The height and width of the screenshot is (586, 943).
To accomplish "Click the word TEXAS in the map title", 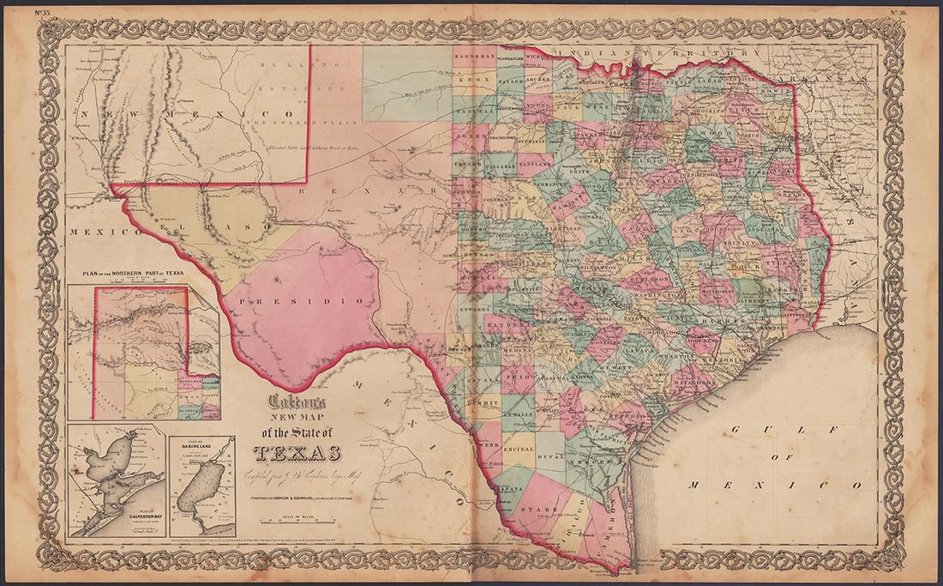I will click(x=297, y=454).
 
